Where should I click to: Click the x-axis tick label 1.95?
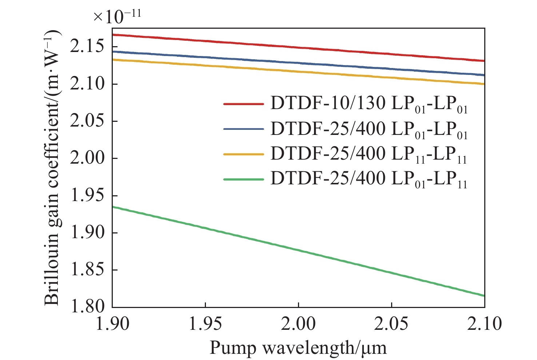click(x=205, y=324)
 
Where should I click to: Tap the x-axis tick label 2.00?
click(x=298, y=324)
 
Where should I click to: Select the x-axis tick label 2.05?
click(x=391, y=324)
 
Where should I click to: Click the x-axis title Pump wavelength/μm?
click(x=298, y=348)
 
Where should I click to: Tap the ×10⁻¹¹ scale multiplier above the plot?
click(x=117, y=16)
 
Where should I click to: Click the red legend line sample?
click(x=243, y=104)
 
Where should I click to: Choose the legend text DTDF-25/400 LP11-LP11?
click(x=369, y=155)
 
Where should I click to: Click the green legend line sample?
click(x=243, y=179)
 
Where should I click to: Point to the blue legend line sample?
click(x=243, y=129)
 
